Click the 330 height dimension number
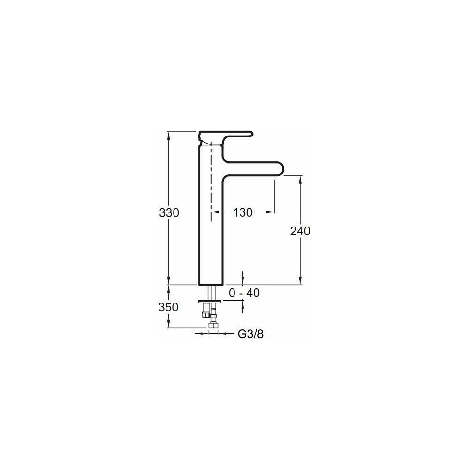169,212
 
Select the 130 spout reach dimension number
243,212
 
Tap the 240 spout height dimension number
300,231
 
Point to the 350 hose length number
168,307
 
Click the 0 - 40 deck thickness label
244,293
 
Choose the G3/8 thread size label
250,334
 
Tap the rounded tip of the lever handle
251,134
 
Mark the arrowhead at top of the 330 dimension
168,136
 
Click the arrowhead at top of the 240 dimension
300,180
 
